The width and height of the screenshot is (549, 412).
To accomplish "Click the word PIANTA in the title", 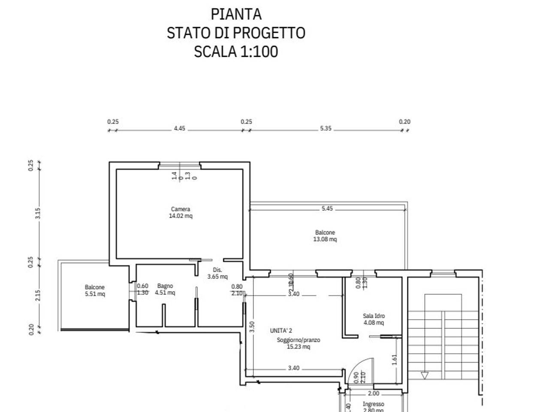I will (x=236, y=14).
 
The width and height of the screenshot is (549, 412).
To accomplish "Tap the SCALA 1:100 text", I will (x=236, y=51).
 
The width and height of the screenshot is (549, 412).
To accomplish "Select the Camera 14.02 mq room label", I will (x=181, y=212).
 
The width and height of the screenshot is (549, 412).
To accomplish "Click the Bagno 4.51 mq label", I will (x=165, y=289).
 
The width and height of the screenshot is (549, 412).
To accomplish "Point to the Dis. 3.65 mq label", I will (x=217, y=273).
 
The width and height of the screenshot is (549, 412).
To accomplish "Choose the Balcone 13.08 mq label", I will (x=325, y=236).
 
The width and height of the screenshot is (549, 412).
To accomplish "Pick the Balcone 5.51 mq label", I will (x=94, y=291).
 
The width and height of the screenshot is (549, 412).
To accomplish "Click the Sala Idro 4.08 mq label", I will (x=374, y=319).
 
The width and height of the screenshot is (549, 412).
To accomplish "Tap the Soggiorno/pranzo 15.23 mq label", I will (x=298, y=343).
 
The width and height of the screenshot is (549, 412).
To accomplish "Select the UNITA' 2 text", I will (x=281, y=330).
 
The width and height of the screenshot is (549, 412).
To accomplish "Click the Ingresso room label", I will (x=373, y=404).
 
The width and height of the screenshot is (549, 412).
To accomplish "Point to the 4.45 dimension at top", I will (x=179, y=128).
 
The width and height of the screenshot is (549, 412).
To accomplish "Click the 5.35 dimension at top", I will (x=326, y=128).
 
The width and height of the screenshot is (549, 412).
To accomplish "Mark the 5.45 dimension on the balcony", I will (x=327, y=209).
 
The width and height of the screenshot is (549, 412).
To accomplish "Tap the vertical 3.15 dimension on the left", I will (x=38, y=213).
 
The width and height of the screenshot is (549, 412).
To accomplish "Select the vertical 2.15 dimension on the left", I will (x=38, y=295).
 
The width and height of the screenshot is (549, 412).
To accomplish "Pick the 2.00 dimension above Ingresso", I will (x=374, y=394).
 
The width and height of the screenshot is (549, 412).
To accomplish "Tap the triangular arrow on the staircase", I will (x=425, y=376).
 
